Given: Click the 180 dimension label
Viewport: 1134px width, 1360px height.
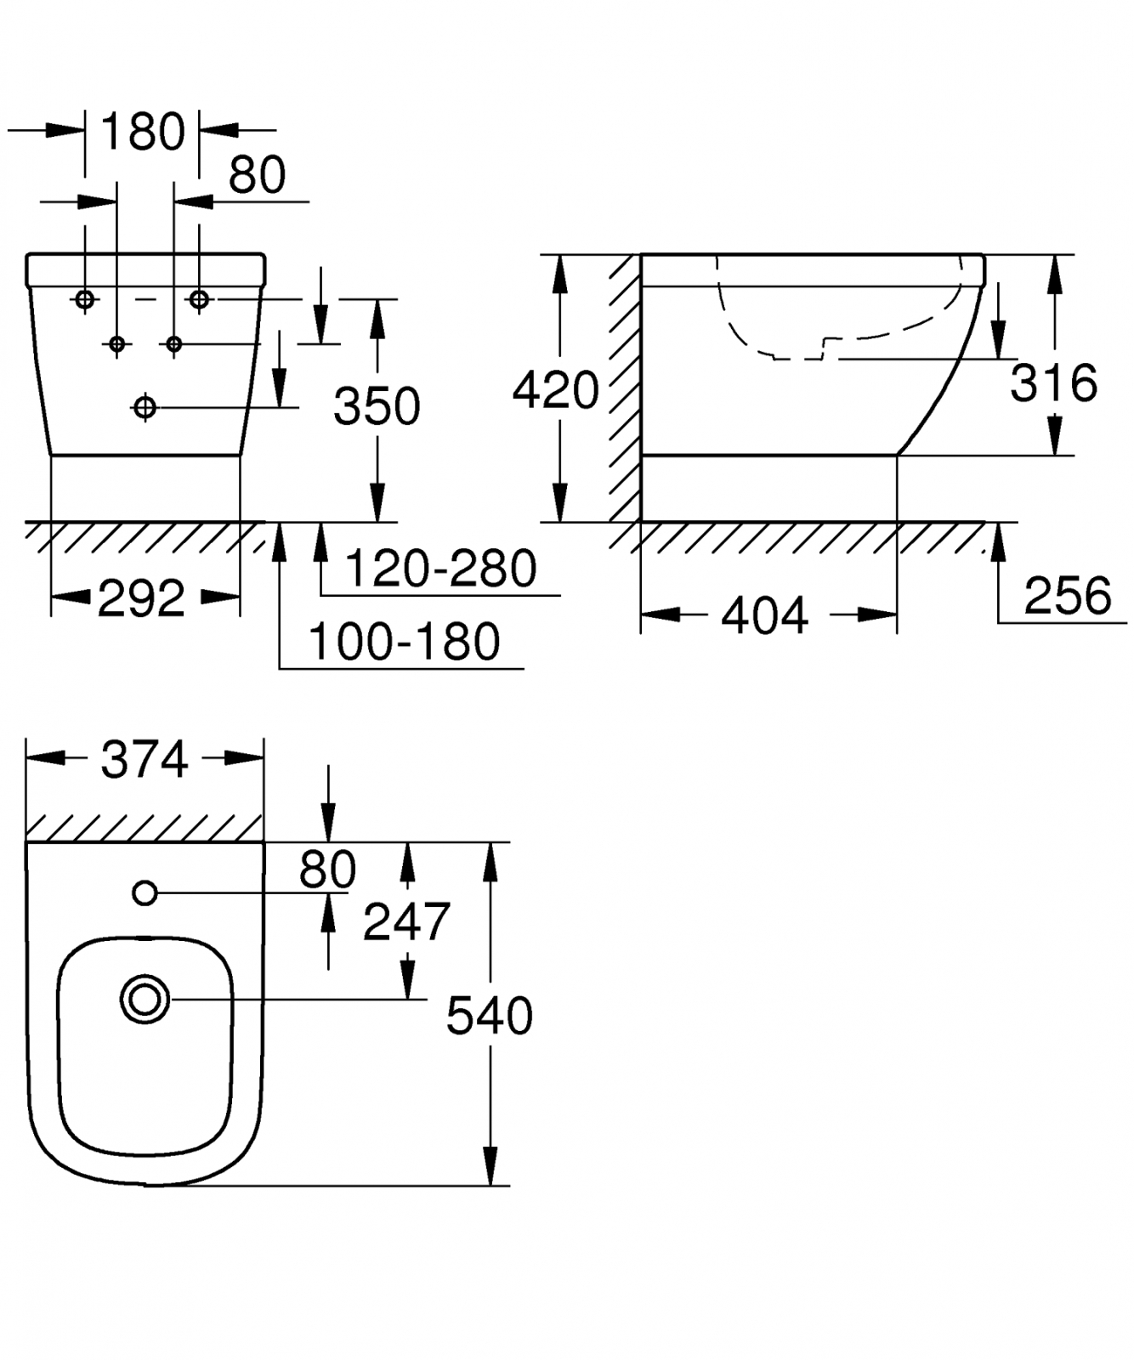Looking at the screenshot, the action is tap(142, 132).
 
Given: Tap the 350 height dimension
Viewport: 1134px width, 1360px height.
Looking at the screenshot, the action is tap(377, 406).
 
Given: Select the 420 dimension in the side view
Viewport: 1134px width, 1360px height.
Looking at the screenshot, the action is tap(556, 390).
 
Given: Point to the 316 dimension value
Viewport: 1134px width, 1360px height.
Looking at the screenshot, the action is tap(1053, 382).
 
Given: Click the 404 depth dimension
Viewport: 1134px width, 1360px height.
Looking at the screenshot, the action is tap(764, 615).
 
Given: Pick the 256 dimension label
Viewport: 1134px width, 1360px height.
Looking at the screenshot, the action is tap(1068, 595).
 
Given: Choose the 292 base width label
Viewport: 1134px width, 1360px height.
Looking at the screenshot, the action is tap(141, 599).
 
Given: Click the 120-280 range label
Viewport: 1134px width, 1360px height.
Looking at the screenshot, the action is tap(441, 569).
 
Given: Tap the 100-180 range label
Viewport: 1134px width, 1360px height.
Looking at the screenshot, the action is tap(404, 642).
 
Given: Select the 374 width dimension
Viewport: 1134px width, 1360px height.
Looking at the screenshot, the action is tap(145, 759).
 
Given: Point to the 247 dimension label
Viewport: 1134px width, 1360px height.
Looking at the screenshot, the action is tap(406, 921).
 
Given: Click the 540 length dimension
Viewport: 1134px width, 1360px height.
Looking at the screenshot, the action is tap(490, 1016).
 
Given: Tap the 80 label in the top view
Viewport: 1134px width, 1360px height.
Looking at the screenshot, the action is tap(327, 869).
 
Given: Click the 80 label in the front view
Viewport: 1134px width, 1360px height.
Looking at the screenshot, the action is tap(258, 175).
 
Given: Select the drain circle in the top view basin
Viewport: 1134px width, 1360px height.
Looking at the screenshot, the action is tap(145, 1000).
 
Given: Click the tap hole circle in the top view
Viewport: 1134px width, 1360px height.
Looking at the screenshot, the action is tap(145, 892).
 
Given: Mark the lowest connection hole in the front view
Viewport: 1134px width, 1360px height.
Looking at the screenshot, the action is tap(145, 408).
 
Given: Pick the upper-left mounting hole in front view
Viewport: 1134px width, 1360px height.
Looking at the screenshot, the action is tap(85, 299).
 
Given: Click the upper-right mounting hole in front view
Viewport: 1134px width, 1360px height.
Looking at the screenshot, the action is tap(199, 299).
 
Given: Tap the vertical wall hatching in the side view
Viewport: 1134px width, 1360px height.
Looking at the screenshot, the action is tap(624, 387).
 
